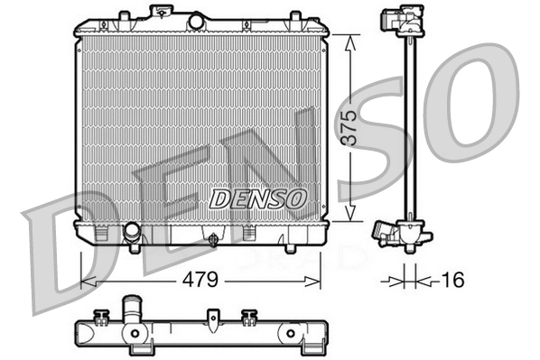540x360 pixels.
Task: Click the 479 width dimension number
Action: click(200, 280)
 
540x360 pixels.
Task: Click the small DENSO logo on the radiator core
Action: click(259, 198)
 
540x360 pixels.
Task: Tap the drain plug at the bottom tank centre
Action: click(212, 240)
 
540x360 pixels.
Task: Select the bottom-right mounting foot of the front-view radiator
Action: click(291, 246)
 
